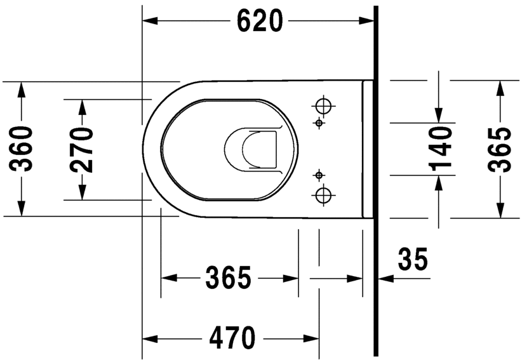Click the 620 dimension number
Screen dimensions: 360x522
(260, 22)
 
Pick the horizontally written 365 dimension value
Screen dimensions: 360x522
(229, 278)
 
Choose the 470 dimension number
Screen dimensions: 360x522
(232, 337)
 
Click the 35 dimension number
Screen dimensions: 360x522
(412, 258)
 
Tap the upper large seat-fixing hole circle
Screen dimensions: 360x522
(323, 103)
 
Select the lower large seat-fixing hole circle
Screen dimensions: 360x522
(323, 194)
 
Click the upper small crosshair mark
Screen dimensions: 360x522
(319, 123)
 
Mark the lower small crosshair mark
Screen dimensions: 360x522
(319, 174)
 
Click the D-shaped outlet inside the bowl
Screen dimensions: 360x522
(253, 149)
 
